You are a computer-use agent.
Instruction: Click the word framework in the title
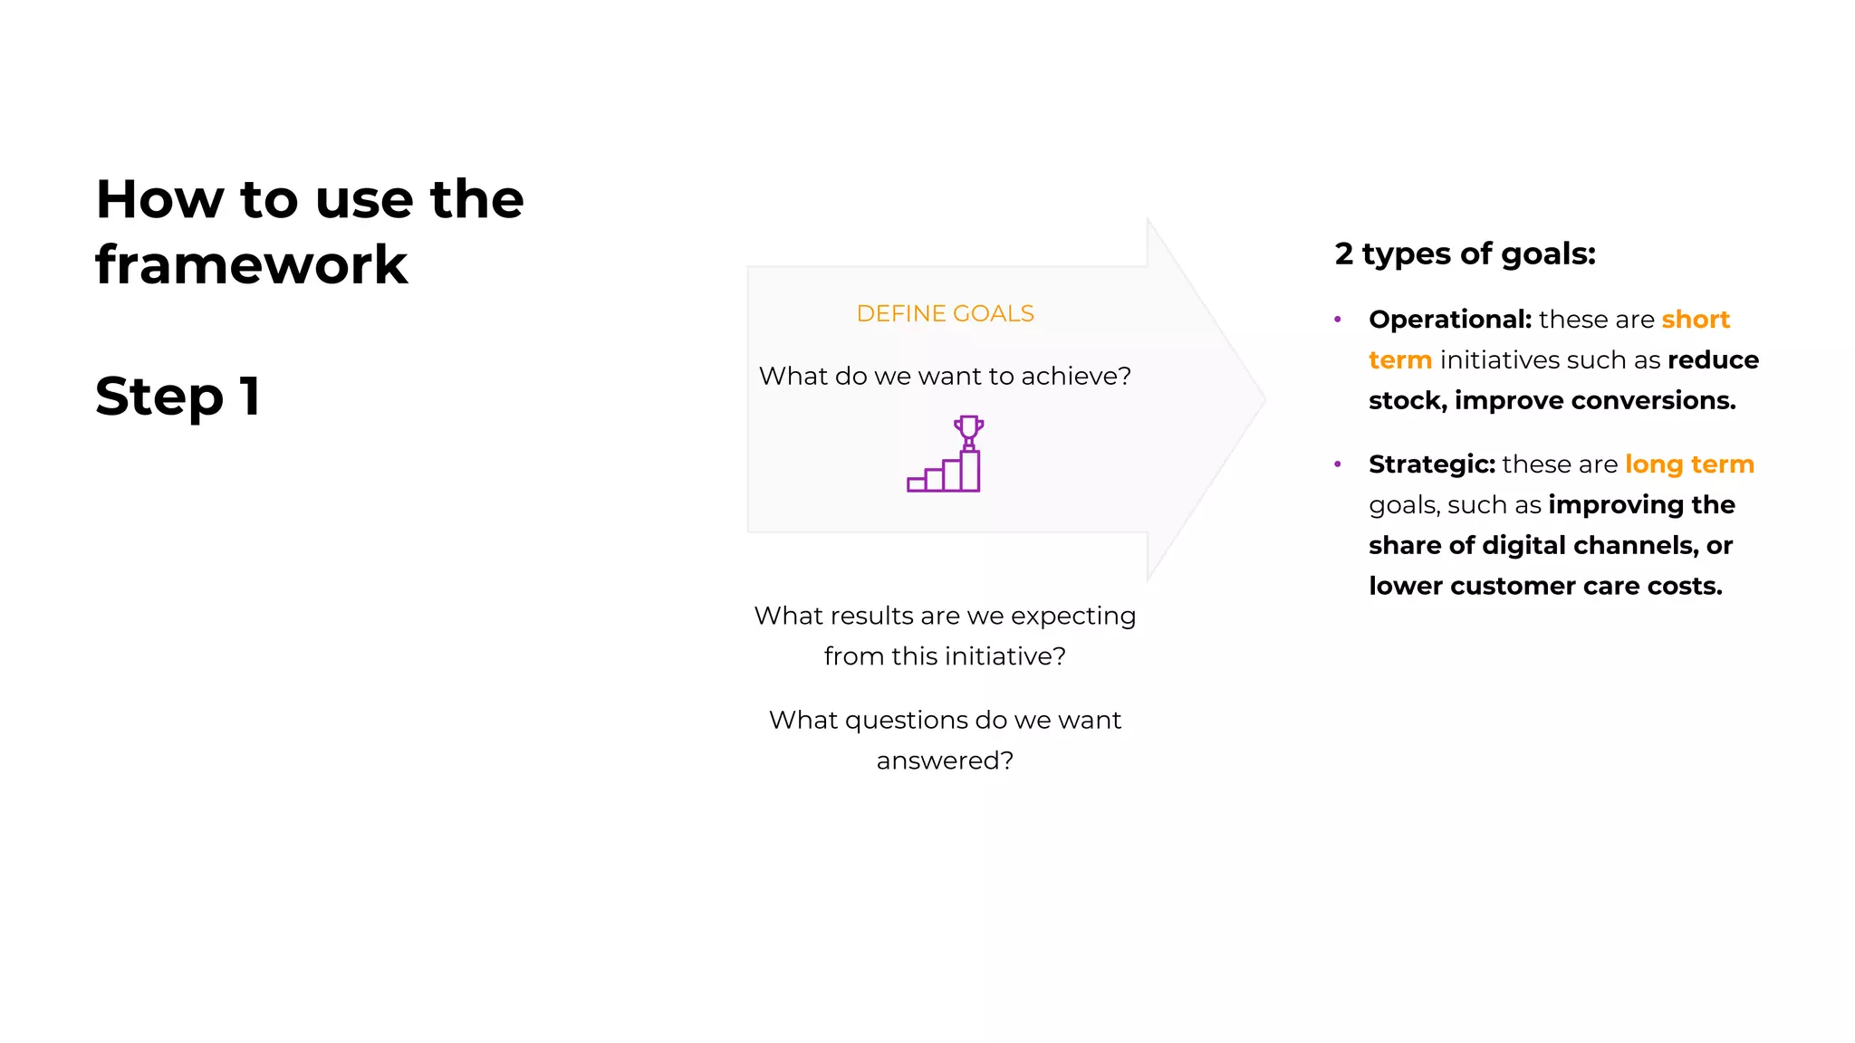tap(251, 265)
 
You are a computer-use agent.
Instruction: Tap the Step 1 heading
tap(178, 397)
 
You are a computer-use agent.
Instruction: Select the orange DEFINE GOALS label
tap(945, 313)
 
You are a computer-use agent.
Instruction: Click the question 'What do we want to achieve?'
tap(945, 376)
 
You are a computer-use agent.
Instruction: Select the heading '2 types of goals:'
tap(1465, 254)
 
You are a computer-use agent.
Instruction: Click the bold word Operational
tap(1449, 320)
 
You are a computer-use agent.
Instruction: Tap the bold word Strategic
tap(1431, 464)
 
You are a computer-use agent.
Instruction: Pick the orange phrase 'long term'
tap(1689, 464)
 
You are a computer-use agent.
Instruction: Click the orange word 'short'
tap(1696, 320)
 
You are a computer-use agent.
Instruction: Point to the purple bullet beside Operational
tap(1338, 320)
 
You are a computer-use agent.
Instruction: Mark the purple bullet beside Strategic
tap(1338, 464)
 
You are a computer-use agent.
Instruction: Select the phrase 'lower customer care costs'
tap(1544, 586)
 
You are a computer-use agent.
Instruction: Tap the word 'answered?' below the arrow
tap(945, 761)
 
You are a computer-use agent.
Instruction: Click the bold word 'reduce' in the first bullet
tap(1713, 360)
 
